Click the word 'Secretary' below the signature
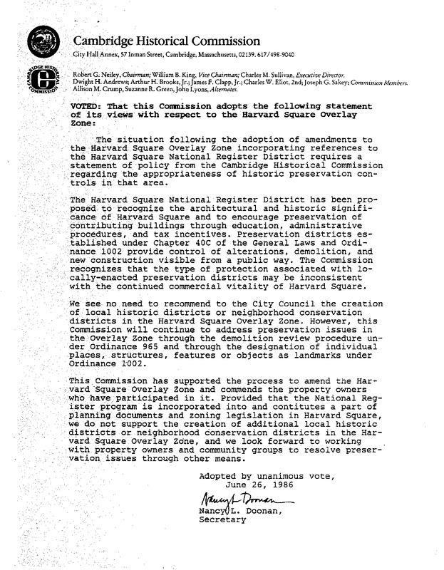(222, 519)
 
